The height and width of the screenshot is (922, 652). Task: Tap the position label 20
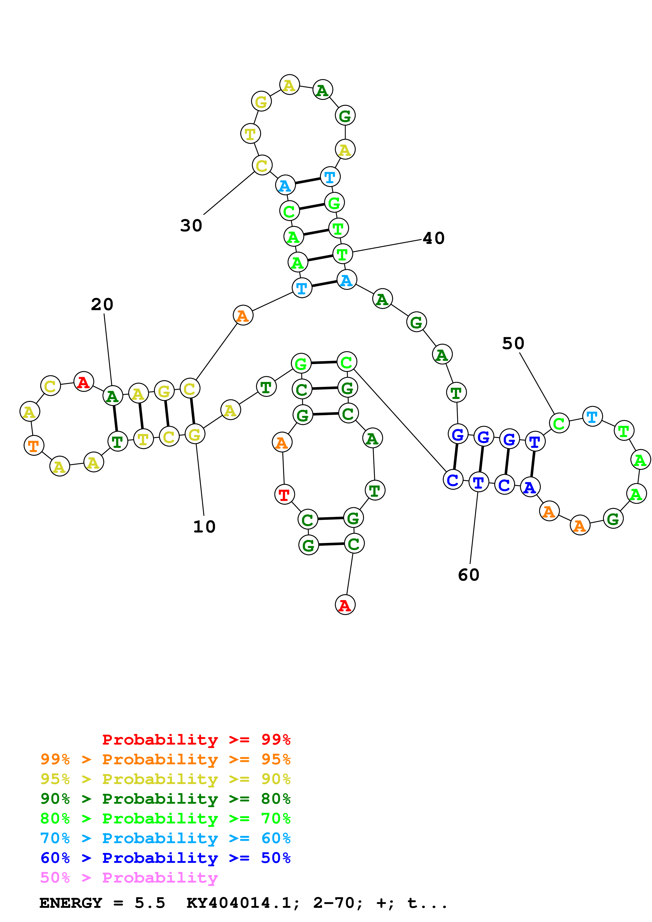(x=102, y=304)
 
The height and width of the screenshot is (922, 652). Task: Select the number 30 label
(x=191, y=225)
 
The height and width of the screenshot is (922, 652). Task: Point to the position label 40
(x=434, y=238)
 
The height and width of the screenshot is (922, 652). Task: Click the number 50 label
(x=513, y=343)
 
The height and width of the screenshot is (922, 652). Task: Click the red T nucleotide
(x=284, y=495)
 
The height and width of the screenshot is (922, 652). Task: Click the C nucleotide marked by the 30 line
(x=262, y=165)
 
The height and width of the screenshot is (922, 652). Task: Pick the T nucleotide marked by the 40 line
(x=342, y=254)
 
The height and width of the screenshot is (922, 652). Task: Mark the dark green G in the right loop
(x=613, y=519)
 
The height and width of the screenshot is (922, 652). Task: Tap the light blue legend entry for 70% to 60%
(x=165, y=838)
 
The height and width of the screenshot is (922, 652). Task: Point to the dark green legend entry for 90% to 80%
(x=165, y=799)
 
